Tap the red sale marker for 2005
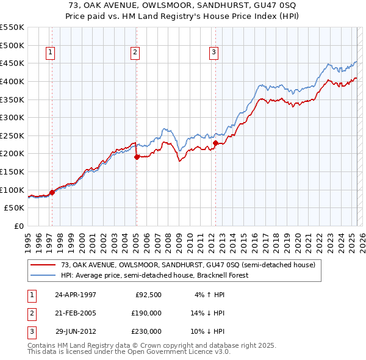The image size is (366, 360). click(x=137, y=157)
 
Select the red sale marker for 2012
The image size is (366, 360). click(x=215, y=143)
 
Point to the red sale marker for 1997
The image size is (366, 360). click(x=52, y=192)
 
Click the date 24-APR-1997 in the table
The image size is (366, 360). click(x=76, y=295)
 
